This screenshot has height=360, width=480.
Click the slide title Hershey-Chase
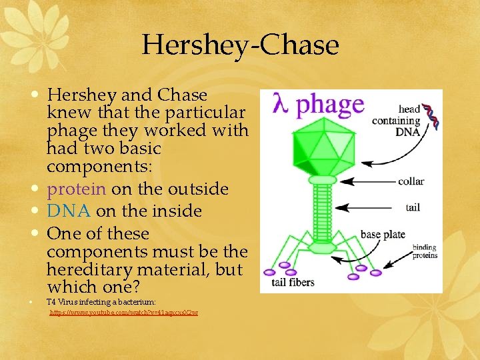(240, 45)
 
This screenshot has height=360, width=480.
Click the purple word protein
(76, 189)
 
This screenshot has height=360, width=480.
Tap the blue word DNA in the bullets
(69, 211)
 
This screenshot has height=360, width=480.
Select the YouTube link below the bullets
(124, 312)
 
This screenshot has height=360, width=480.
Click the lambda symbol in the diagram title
(281, 106)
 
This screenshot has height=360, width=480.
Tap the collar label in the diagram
(410, 181)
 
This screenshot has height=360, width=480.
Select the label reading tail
(413, 207)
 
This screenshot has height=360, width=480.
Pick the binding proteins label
(424, 251)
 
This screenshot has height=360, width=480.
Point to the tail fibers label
(293, 283)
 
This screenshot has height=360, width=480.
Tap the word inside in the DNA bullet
(176, 211)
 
